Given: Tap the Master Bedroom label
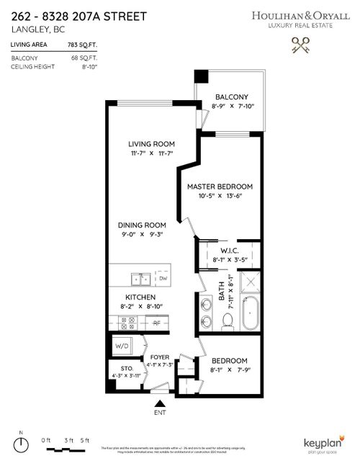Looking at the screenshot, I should tap(221, 187).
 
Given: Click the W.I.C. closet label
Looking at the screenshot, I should tap(229, 251).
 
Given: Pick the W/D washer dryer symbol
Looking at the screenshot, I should tap(122, 346).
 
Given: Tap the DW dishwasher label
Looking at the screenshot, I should tap(163, 278).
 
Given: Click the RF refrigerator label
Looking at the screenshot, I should tap(156, 323).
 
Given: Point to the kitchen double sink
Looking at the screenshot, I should tap(140, 278).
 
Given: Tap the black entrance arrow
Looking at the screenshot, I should tap(161, 405).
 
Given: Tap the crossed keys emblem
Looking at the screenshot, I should tap(300, 46).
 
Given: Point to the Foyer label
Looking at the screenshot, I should tap(158, 357).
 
